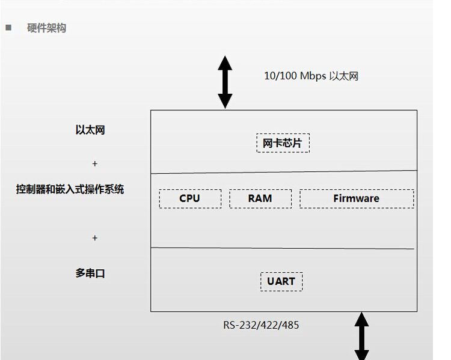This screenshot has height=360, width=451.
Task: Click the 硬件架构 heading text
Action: coord(46,28)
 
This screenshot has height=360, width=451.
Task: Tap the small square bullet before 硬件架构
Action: coord(8,27)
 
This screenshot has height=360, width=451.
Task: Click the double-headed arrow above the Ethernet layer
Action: coord(225,82)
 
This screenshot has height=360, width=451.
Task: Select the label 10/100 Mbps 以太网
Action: coord(311,76)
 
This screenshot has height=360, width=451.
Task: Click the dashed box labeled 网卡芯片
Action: coord(283,143)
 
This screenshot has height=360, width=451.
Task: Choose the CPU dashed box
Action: coord(190,198)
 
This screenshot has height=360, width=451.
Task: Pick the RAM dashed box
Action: coord(260,198)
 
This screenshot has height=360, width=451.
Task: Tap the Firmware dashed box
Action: coord(356,198)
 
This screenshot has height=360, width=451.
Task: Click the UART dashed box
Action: coord(281,281)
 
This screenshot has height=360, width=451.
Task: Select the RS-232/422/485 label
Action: coord(261,325)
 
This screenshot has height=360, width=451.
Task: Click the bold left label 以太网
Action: coord(90,130)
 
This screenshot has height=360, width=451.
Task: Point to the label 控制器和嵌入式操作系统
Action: coord(70,189)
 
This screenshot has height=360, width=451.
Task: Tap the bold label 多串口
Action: coord(90,273)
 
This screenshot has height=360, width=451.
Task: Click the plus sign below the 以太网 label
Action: coord(94,163)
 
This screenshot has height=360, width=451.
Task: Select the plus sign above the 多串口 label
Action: coord(94,238)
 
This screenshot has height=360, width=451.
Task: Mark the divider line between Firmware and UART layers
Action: coord(283,248)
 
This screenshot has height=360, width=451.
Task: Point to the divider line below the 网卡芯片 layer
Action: coord(283,172)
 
